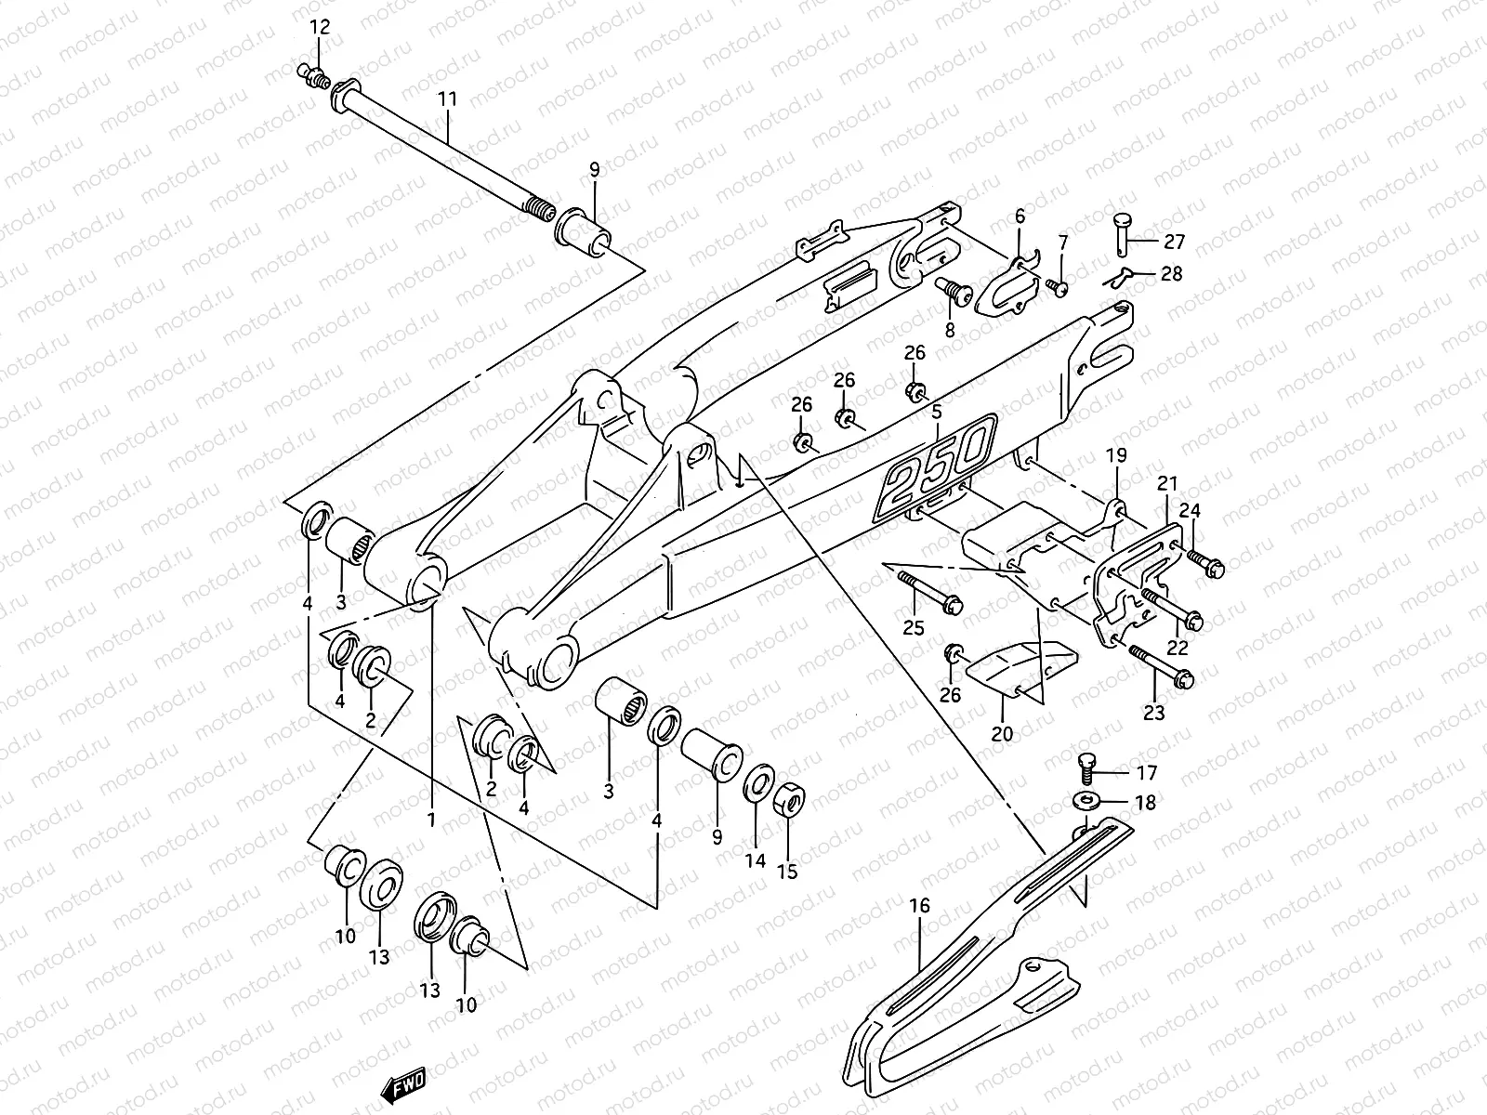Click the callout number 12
coord(319,27)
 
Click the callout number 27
coord(1175,242)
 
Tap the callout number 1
coord(431,820)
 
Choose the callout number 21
coord(1167,483)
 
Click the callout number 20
coord(1001,734)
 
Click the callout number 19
coord(1115,455)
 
